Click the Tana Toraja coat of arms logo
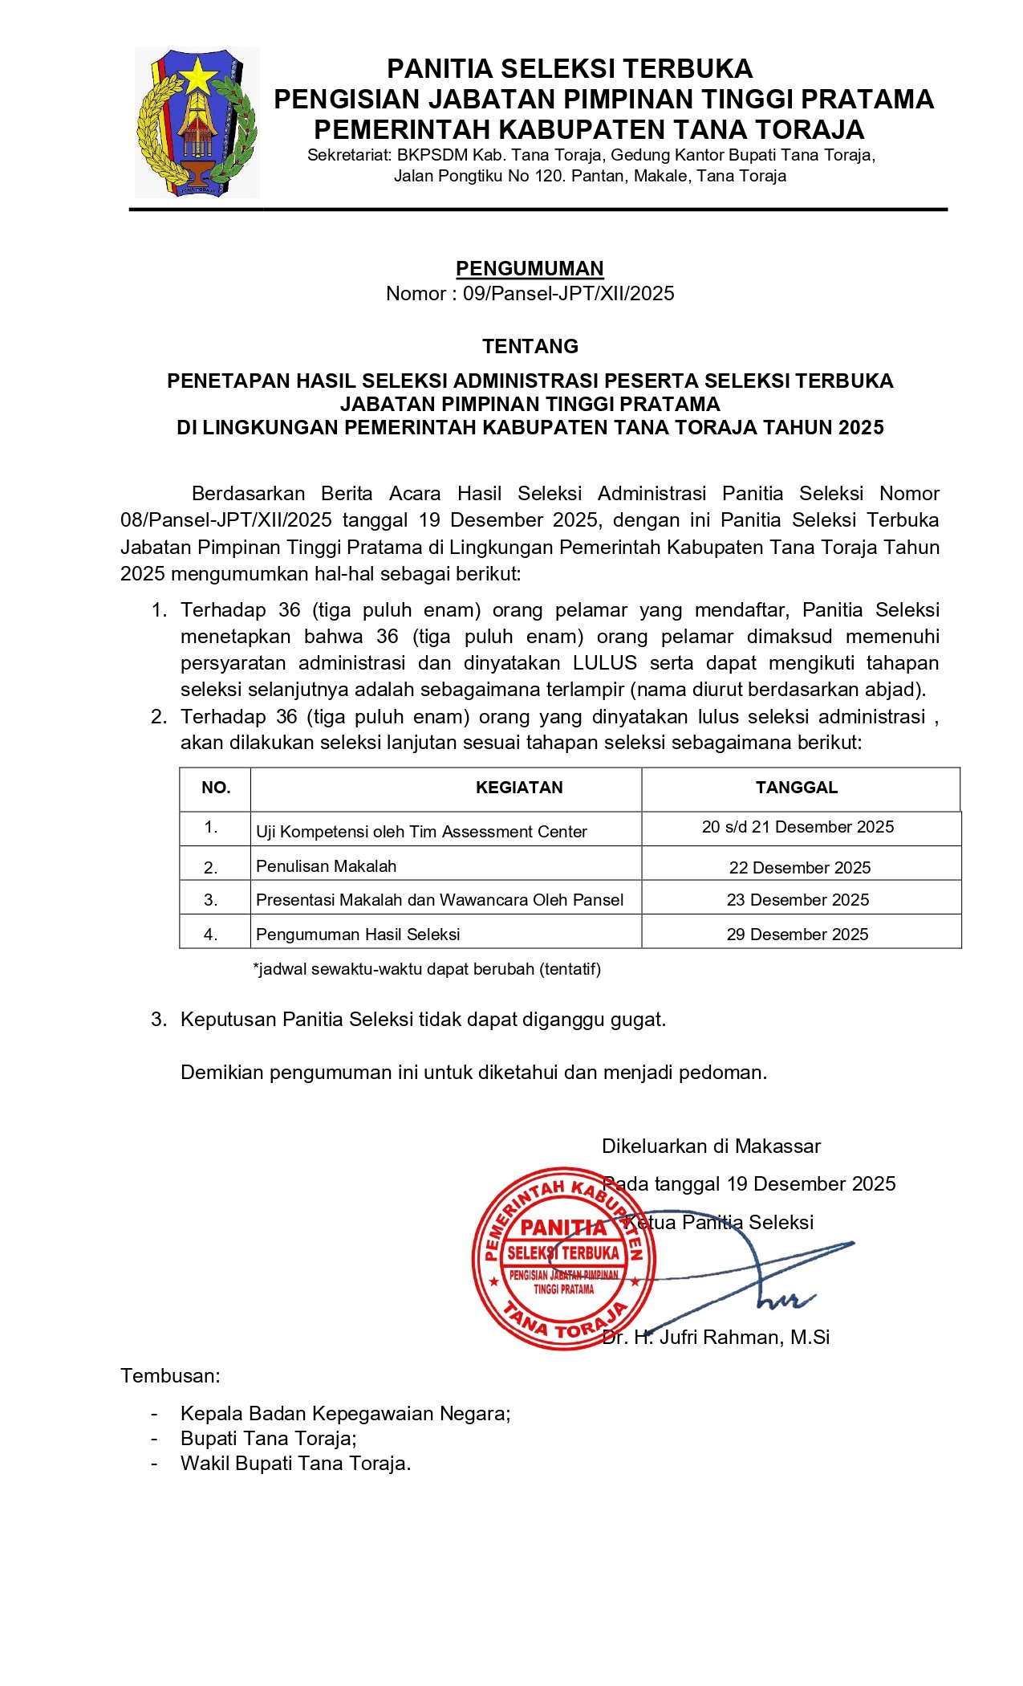coord(197,122)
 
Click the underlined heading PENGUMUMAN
coord(530,268)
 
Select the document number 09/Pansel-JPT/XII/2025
coord(568,294)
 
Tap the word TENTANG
coord(530,346)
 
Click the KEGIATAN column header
coord(519,788)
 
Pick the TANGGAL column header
coord(796,788)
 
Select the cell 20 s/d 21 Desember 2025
coord(798,827)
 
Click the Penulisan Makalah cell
coord(326,866)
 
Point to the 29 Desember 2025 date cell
coord(798,935)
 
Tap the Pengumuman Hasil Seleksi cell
coord(358,935)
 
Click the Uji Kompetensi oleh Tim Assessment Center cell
coord(421,832)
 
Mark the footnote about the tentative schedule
coord(427,969)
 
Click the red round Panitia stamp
coord(563,1257)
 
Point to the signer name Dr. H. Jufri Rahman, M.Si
coord(716,1337)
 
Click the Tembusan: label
coord(170,1376)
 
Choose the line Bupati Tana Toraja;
coord(268,1438)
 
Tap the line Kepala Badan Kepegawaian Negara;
coord(345,1413)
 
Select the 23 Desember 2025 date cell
coord(798,900)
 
